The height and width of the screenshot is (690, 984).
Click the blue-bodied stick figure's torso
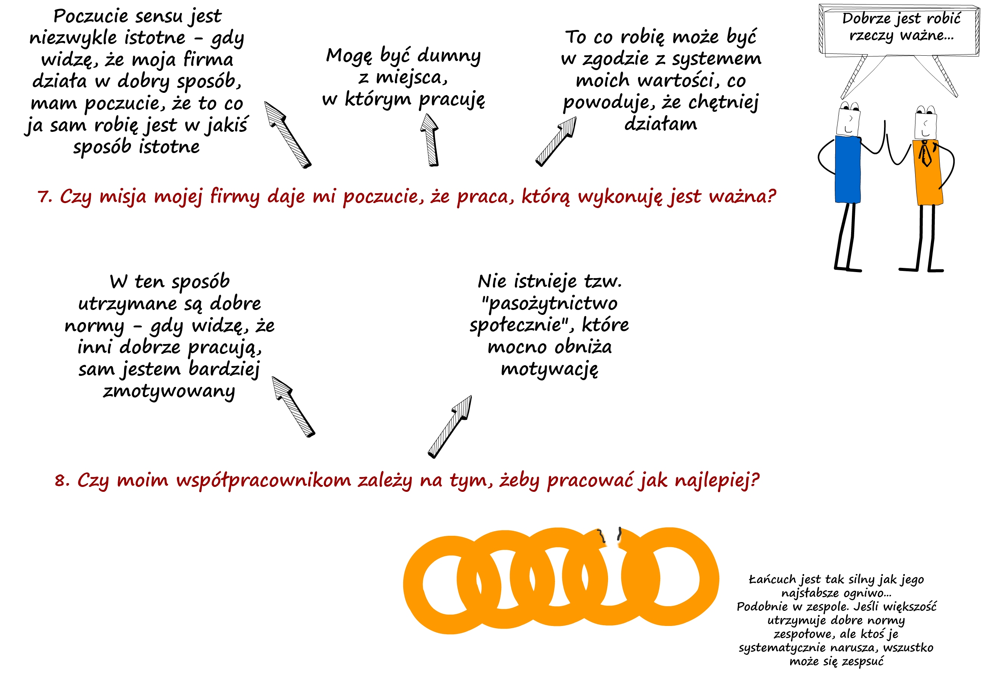[847, 169]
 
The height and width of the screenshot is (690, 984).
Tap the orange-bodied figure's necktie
[926, 154]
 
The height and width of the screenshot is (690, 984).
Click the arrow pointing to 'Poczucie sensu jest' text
[287, 135]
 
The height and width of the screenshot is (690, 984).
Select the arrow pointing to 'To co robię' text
[556, 141]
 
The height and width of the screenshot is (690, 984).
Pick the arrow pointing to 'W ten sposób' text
[293, 407]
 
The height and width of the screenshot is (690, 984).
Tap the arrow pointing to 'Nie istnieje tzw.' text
[449, 427]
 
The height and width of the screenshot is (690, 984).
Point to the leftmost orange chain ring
[413, 585]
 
